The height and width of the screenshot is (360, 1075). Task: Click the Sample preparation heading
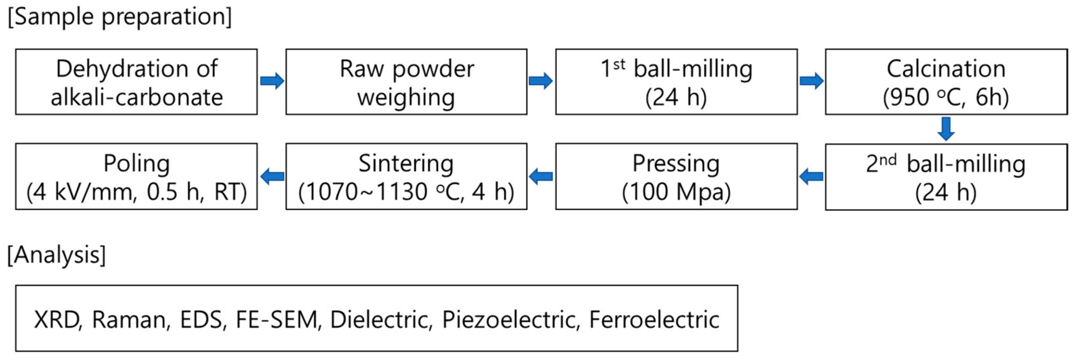[120, 18]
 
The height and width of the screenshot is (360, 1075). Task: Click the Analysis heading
[57, 255]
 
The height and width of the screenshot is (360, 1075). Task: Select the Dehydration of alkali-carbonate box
[136, 82]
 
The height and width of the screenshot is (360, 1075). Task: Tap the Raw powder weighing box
[406, 82]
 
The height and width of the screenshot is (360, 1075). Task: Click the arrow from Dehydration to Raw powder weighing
[272, 81]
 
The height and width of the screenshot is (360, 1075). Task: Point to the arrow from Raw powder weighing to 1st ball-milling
[541, 81]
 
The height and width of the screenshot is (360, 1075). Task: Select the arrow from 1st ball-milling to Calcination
[811, 81]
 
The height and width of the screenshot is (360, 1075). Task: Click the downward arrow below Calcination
[946, 128]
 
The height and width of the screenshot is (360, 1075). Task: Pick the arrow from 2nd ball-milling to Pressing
[811, 176]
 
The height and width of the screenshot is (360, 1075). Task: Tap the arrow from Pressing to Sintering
[541, 176]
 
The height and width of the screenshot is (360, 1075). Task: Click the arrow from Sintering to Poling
[272, 176]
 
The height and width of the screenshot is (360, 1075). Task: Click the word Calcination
[946, 69]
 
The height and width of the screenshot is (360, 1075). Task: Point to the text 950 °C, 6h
[946, 97]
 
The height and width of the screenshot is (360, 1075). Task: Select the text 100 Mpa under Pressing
[676, 192]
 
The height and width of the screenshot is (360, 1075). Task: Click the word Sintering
[406, 164]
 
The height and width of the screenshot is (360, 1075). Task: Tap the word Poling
[136, 164]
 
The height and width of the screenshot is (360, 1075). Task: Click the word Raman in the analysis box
[131, 320]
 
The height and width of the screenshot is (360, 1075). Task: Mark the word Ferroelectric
[654, 320]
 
